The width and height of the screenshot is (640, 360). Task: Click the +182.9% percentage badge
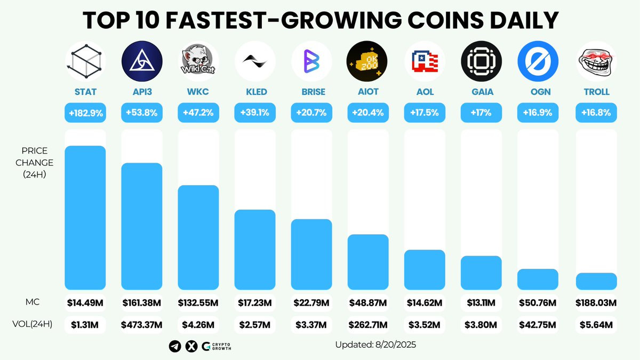(85, 113)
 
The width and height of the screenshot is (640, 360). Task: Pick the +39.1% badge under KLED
(255, 113)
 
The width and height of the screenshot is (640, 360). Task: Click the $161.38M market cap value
(142, 303)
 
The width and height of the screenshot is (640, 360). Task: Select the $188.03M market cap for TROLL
(596, 303)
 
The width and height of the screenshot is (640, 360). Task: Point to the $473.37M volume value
(142, 324)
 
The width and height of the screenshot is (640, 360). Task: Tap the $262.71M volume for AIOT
(368, 324)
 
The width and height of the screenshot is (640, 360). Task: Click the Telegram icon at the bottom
(174, 346)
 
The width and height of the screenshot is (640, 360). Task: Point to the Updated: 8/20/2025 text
(375, 345)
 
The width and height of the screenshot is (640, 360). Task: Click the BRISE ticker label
(311, 92)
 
